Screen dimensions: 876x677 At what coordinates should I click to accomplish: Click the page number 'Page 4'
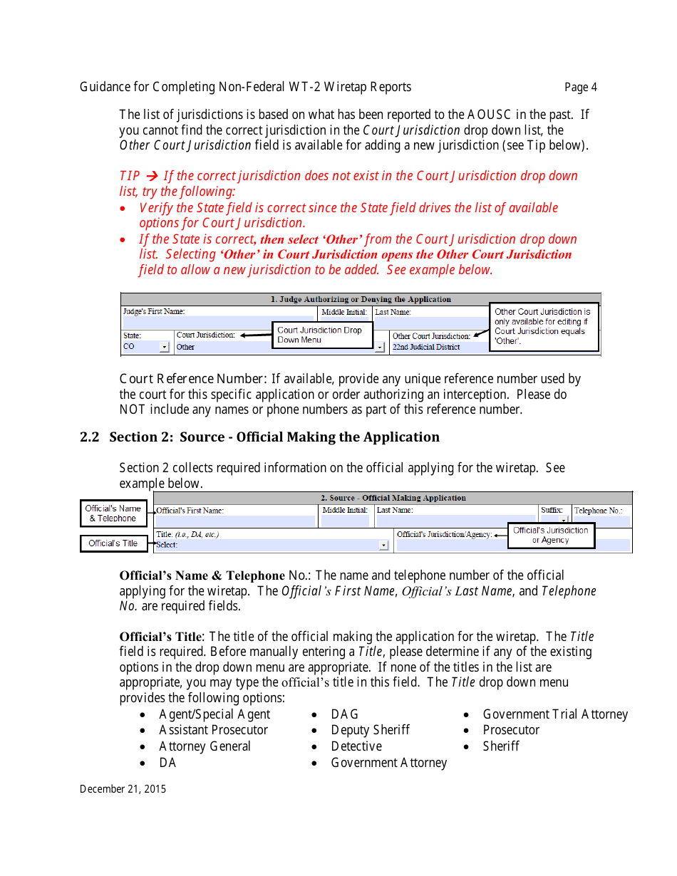point(580,88)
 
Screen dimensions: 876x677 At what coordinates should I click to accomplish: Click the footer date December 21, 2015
point(123,788)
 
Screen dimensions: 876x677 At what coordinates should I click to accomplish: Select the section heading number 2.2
point(90,437)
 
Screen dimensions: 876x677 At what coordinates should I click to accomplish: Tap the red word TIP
point(130,176)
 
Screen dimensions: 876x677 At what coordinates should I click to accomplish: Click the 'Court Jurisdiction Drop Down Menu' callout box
point(323,335)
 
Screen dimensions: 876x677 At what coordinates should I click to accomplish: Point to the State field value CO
point(129,347)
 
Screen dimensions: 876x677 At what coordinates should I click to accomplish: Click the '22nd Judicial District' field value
point(426,347)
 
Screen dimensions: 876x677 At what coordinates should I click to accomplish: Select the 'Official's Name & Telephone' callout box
point(113,513)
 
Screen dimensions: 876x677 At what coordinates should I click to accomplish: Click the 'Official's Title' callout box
point(113,543)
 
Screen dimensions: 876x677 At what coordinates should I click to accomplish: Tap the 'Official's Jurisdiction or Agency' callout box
point(550,535)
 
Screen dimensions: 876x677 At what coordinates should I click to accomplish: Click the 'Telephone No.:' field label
point(598,511)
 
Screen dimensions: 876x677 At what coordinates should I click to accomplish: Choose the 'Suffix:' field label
point(552,511)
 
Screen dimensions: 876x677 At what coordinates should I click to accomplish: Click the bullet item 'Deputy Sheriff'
point(370,730)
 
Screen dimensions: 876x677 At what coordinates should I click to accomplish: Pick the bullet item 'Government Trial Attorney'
point(555,714)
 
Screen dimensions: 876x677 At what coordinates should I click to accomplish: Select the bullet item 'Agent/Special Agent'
point(215,714)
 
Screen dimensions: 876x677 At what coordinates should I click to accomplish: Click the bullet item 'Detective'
point(356,746)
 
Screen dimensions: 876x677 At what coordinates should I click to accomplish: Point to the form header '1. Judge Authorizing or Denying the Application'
point(361,299)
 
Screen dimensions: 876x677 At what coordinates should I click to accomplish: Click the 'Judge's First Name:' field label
point(154,312)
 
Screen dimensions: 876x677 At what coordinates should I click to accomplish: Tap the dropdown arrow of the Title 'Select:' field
point(383,546)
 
